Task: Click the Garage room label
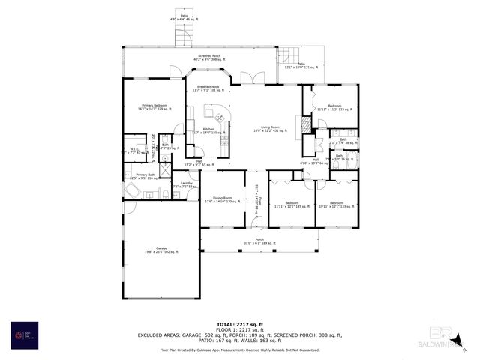161,249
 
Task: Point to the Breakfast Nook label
208,88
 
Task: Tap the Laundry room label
187,184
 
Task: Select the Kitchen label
208,131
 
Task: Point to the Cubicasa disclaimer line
240,350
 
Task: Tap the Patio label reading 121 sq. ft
301,66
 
